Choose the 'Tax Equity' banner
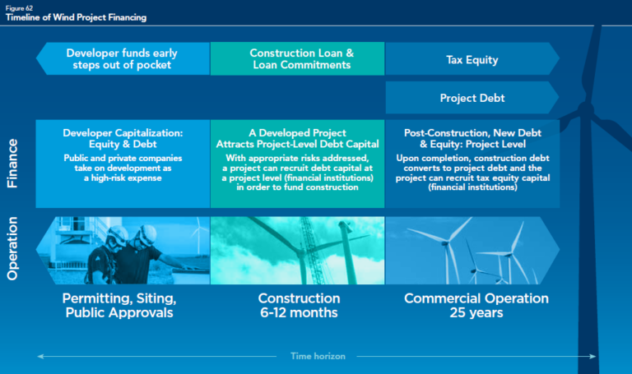click(x=472, y=59)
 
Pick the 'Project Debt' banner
click(x=472, y=98)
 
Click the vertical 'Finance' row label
click(x=14, y=164)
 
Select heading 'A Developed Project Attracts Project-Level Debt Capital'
click(x=297, y=138)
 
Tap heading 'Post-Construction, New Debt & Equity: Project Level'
click(x=472, y=138)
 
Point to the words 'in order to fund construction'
click(x=297, y=187)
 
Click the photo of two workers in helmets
click(x=123, y=250)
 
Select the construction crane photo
click(x=298, y=250)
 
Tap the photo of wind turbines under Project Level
click(x=472, y=250)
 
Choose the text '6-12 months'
click(x=298, y=313)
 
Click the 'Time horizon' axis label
click(x=318, y=357)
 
